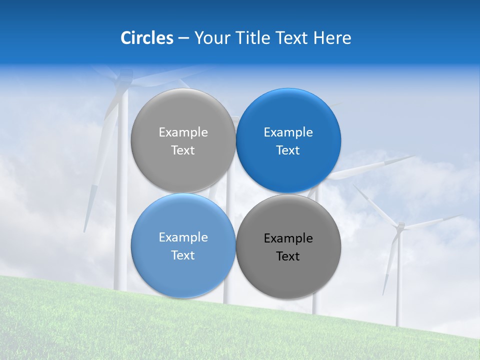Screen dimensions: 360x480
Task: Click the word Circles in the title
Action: point(147,38)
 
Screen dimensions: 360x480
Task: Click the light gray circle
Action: point(183,140)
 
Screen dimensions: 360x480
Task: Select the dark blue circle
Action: point(288,140)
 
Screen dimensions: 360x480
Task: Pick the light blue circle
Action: point(183,245)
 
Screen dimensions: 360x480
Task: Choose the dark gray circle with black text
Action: point(288,246)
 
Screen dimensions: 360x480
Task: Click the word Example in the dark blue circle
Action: point(288,132)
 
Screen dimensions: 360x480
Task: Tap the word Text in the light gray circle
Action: point(183,150)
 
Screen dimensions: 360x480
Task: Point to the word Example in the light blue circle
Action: point(183,237)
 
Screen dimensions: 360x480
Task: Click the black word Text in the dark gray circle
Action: point(288,256)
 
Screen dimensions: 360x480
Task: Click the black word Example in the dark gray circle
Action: point(288,238)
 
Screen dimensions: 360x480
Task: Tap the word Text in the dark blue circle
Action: point(288,150)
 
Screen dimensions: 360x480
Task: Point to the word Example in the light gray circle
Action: point(183,132)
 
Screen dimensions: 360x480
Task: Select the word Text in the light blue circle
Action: point(183,255)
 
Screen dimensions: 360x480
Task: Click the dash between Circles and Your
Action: point(183,38)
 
